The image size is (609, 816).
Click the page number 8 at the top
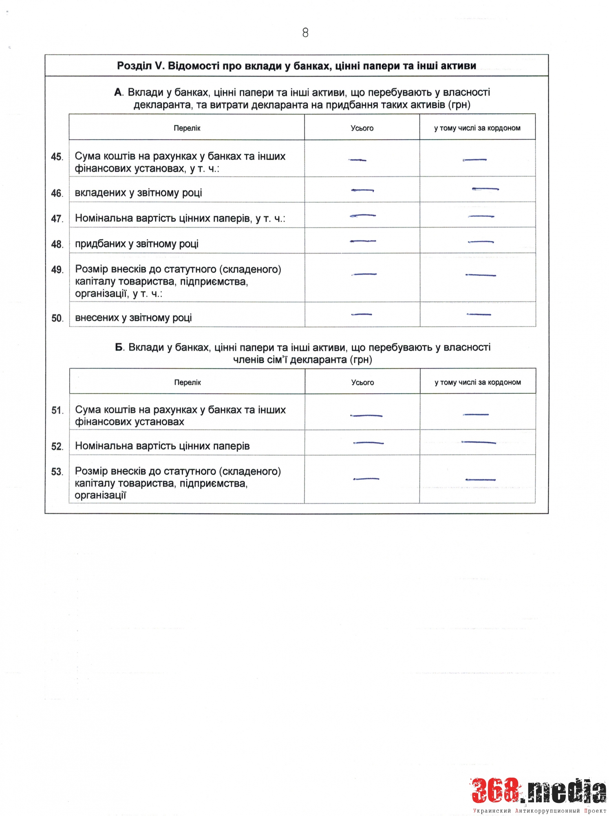tap(305, 33)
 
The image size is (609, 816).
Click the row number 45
tap(57, 157)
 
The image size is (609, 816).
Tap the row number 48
tap(57, 244)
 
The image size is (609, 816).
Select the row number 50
tap(57, 318)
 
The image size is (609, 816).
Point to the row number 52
tap(57, 446)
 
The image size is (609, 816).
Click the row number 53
tap(57, 472)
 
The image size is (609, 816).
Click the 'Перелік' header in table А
tap(187, 128)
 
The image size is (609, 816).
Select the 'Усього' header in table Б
tap(362, 382)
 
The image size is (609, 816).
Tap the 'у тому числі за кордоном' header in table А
tap(477, 128)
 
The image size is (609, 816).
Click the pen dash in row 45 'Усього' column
tap(357, 160)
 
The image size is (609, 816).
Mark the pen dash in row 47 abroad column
tap(481, 216)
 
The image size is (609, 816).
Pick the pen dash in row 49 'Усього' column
tap(364, 274)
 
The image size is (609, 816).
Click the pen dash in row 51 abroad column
tap(476, 415)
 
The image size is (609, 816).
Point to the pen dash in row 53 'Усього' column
tap(366, 479)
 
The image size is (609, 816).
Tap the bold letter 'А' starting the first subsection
tap(118, 93)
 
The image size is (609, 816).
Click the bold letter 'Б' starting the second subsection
tap(119, 348)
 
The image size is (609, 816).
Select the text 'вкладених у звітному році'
tap(138, 193)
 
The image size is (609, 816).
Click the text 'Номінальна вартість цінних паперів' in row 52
tap(162, 446)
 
